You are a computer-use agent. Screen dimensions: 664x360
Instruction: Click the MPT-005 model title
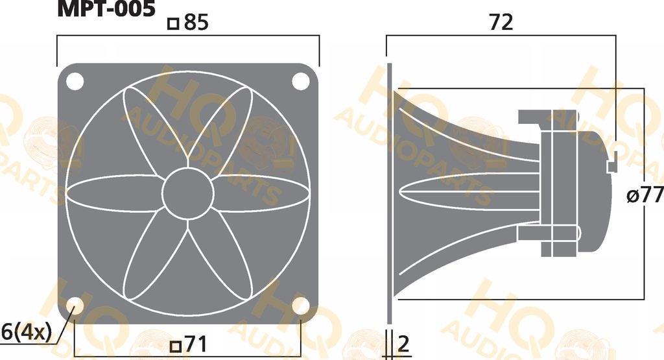point(106,8)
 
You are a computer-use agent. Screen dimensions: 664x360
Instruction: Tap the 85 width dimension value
point(196,23)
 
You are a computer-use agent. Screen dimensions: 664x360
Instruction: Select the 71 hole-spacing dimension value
point(196,344)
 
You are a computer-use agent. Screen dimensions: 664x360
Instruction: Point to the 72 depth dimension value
point(501,22)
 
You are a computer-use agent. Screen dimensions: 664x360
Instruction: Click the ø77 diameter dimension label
point(645,195)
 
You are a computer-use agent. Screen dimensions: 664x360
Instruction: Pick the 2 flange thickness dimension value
point(404,344)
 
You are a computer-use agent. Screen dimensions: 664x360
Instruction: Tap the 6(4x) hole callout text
point(26,333)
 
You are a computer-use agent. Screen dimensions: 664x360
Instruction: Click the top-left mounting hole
point(75,81)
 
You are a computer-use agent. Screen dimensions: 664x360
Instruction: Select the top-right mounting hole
point(301,81)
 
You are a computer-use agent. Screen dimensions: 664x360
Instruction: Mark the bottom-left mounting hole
point(75,306)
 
